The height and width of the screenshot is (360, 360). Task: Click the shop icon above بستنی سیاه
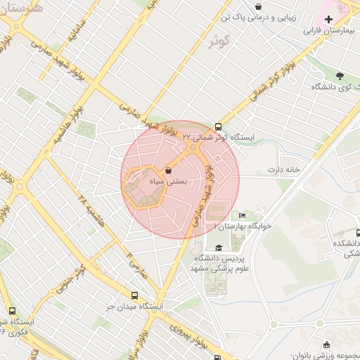tap(167, 171)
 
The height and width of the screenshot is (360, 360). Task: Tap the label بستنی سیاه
tap(167, 181)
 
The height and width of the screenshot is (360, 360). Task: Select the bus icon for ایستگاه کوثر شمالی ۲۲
tap(218, 127)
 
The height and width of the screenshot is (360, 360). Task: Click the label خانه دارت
tap(283, 171)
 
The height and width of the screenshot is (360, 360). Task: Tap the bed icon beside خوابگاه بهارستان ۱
tap(243, 215)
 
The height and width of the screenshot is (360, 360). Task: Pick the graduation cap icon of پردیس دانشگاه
tap(219, 248)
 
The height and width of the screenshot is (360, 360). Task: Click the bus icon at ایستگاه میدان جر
tap(134, 296)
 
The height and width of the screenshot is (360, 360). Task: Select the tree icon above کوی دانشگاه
tap(340, 75)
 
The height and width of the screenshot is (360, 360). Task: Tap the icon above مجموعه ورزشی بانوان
tap(325, 344)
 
